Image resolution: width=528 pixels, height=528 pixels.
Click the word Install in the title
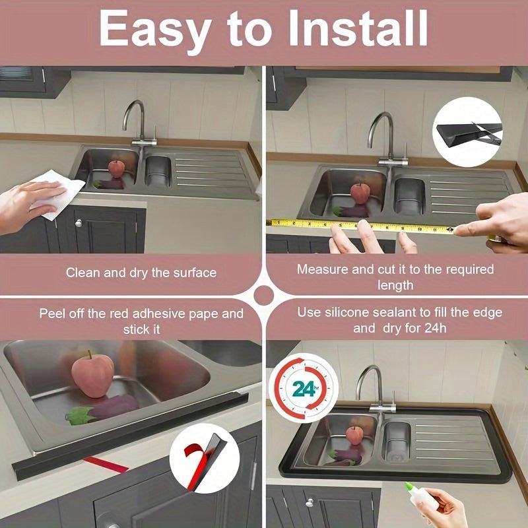(358, 28)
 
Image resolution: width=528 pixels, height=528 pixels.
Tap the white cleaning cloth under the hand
(57, 194)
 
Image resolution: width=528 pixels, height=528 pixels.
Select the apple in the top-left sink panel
(117, 169)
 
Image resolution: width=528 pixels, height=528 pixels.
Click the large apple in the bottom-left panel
(92, 374)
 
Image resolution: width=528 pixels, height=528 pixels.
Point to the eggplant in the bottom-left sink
(102, 409)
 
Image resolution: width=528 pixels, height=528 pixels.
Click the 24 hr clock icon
(304, 388)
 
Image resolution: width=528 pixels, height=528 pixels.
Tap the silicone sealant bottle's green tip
(409, 486)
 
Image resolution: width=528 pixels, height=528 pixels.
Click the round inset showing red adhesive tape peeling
(205, 458)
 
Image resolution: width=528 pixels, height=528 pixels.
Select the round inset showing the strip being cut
(467, 132)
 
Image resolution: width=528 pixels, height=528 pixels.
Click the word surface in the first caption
(195, 273)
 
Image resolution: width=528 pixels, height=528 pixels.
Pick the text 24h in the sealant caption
(436, 328)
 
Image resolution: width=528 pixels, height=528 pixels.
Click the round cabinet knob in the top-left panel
(79, 223)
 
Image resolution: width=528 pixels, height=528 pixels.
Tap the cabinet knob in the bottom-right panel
(309, 502)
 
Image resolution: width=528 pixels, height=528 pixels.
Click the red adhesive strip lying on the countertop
(106, 465)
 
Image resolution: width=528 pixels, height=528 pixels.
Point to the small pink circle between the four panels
(263, 296)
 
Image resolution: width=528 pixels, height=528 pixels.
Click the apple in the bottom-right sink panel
(354, 435)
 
